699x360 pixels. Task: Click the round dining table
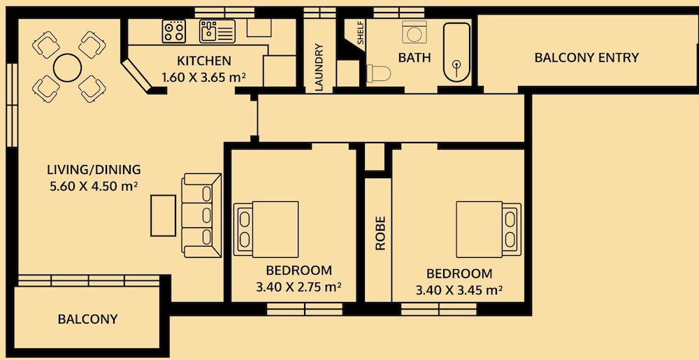pos(67,68)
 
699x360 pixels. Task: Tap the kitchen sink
pos(217,31)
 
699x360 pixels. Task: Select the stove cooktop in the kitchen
pos(174,31)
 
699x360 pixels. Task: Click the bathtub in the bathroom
pos(456,52)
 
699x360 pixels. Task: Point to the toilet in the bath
pos(378,73)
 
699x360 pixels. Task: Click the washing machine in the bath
pos(414,32)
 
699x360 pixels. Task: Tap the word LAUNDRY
pos(319,67)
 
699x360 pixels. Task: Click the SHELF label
pos(361,32)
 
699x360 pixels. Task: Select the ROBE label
pos(380,233)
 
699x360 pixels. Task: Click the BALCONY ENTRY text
pos(586,57)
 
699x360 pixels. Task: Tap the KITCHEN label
pos(204,61)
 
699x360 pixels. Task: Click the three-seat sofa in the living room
pos(201,215)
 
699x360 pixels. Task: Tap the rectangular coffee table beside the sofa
pos(163,215)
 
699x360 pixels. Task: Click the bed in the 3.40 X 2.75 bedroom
pos(266,229)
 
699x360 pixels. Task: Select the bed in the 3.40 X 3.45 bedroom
pos(489,229)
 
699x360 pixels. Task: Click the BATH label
pos(415,57)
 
